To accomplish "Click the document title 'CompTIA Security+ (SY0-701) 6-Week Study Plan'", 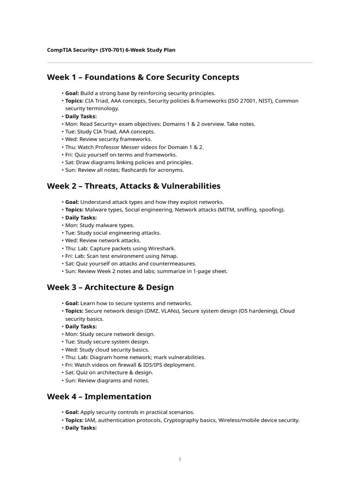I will point(111,50).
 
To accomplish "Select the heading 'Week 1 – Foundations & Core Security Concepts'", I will point(143,77).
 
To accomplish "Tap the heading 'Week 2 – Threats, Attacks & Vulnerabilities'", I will point(134,186).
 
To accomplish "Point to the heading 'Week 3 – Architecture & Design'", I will point(110,287).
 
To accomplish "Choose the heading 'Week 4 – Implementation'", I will point(99,397).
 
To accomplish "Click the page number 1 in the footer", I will point(180,459).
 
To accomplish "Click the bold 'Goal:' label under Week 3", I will point(72,303).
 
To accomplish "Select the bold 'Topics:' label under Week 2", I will point(74,210).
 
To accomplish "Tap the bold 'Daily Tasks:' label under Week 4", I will point(81,427).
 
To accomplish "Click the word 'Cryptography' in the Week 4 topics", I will point(180,420).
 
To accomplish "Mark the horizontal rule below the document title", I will point(180,62).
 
